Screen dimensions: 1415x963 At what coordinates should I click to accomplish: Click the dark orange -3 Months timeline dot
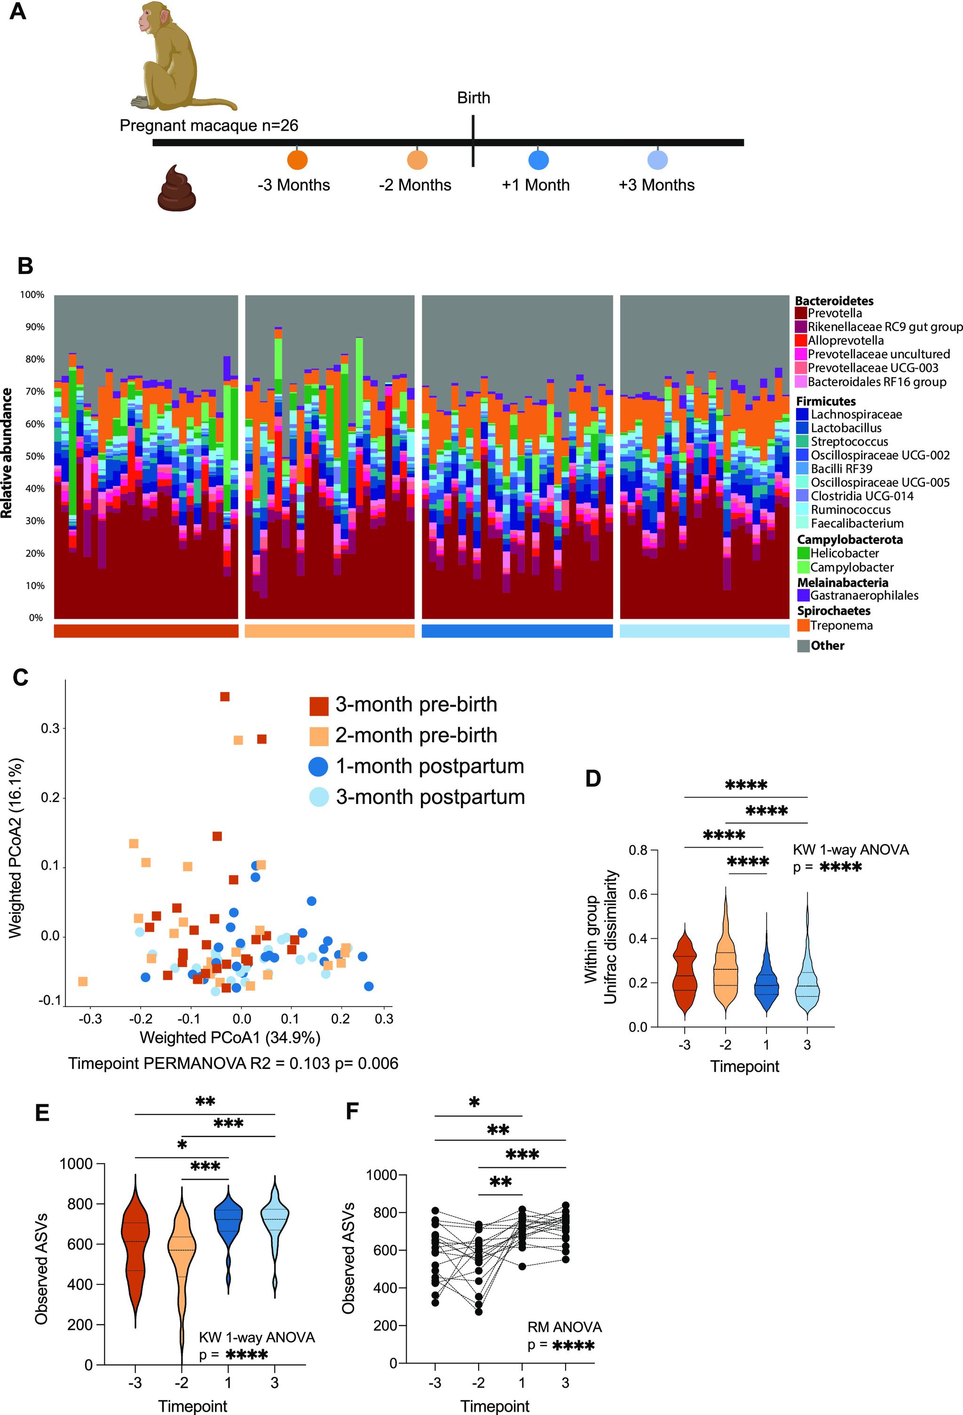pos(297,160)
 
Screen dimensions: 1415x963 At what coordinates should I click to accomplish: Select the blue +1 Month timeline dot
pos(538,160)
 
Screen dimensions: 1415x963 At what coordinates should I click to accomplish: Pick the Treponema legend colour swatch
pos(803,625)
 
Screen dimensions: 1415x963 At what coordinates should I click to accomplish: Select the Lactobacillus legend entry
pos(845,428)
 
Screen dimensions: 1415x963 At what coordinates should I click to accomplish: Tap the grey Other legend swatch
pos(803,645)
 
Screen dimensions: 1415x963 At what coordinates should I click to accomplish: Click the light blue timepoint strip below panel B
pos(704,631)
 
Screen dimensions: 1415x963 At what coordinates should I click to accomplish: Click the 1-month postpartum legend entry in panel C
pos(429,766)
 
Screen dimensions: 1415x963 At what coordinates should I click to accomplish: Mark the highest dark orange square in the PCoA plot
pos(225,697)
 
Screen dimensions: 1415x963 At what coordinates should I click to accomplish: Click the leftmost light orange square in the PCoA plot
pos(83,982)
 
